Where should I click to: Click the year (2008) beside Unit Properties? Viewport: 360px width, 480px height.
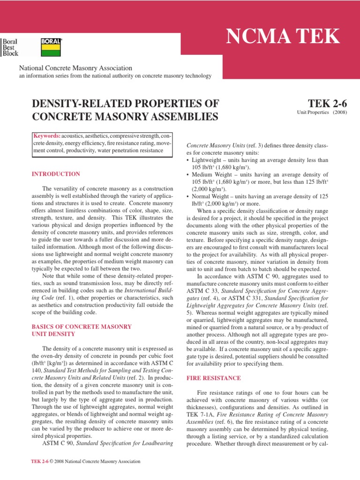pos(339,113)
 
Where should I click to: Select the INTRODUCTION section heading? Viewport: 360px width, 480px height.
pos(55,174)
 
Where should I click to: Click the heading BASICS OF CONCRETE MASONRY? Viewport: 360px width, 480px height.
pos(81,326)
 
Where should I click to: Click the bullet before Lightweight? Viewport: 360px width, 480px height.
pos(188,160)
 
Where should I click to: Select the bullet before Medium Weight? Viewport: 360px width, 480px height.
pos(188,175)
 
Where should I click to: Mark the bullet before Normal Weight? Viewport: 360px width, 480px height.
pos(188,196)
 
